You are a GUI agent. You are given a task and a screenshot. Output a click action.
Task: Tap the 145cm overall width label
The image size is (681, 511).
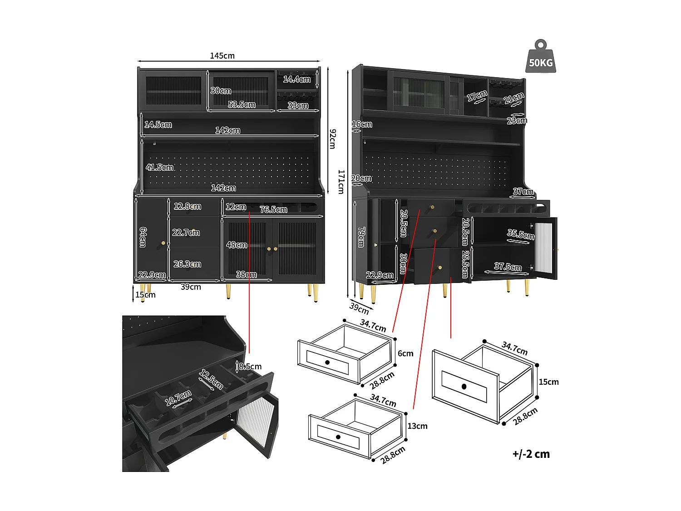coord(222,56)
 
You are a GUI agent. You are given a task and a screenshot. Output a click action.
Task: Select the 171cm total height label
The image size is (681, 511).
coord(341,182)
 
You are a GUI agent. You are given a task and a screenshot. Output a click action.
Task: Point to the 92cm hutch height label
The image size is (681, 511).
coord(332,139)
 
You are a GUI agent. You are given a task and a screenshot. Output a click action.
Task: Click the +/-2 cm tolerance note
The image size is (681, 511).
coord(531,454)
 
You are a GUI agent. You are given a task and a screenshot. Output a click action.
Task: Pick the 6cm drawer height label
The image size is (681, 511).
coord(405,353)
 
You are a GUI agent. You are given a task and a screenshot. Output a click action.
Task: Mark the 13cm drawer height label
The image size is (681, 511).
coord(417,426)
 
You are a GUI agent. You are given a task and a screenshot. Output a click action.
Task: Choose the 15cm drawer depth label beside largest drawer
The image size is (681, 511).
coord(548,382)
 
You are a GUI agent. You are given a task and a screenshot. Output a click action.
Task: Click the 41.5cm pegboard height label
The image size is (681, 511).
coord(159,168)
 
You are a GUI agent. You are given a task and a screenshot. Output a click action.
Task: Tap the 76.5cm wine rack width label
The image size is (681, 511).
coord(273,209)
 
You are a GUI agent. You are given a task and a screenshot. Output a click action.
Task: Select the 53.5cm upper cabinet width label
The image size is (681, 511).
coord(242,104)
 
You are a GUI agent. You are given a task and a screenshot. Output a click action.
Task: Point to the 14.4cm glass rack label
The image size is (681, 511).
coord(297,79)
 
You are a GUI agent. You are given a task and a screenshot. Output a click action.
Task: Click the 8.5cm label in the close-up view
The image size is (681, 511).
coord(250,367)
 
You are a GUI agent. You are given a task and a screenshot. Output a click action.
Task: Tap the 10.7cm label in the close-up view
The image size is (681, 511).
coord(178,398)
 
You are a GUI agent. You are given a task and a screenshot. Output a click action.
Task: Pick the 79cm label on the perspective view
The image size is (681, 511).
coord(361,237)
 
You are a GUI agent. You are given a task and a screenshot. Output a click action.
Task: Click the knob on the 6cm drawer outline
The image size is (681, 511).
coord(327,362)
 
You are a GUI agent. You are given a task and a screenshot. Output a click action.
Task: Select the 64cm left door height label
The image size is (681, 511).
coord(143,237)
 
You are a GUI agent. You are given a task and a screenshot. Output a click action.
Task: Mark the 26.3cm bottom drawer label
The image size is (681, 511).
coord(187,264)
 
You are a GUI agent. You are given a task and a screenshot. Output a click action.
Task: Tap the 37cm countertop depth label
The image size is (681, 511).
coord(523,192)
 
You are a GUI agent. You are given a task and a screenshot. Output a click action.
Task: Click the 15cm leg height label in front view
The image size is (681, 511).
coord(145,295)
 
